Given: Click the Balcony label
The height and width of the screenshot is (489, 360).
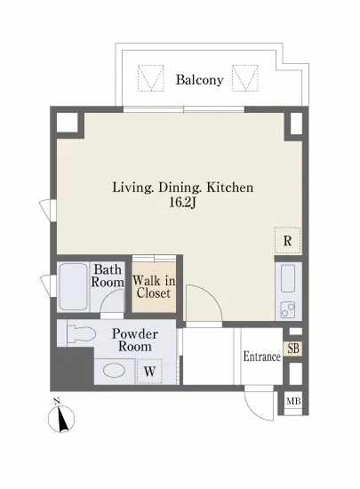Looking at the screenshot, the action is [x=199, y=80].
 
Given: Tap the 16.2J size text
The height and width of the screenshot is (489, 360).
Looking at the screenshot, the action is [x=182, y=203].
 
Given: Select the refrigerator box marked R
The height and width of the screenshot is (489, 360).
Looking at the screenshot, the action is [x=288, y=240].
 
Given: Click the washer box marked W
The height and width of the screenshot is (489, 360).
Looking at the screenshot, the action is [x=149, y=372].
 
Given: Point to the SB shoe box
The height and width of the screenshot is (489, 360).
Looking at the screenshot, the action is [x=293, y=349].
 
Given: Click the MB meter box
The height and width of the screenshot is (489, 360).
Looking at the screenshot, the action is [x=293, y=401].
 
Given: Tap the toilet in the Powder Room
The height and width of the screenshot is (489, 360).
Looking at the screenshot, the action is [x=81, y=333].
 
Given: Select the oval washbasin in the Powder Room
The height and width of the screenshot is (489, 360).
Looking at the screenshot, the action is [x=114, y=371].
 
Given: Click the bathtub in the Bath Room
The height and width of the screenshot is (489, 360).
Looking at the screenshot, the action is [x=73, y=287].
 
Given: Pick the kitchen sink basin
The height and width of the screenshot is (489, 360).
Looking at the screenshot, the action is [x=288, y=278].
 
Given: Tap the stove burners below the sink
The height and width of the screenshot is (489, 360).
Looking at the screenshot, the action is [x=288, y=310].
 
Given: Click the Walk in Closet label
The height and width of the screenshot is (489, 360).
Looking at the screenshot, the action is [x=154, y=287].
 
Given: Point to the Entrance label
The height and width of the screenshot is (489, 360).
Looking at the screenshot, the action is [x=262, y=357].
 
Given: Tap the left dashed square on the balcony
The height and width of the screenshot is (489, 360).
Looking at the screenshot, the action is [x=151, y=78].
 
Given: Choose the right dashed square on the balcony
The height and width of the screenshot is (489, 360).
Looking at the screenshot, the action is [x=245, y=78].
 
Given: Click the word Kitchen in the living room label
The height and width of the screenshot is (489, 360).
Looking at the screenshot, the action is [x=230, y=188].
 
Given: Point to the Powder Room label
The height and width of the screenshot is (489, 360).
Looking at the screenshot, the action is [x=134, y=341].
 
